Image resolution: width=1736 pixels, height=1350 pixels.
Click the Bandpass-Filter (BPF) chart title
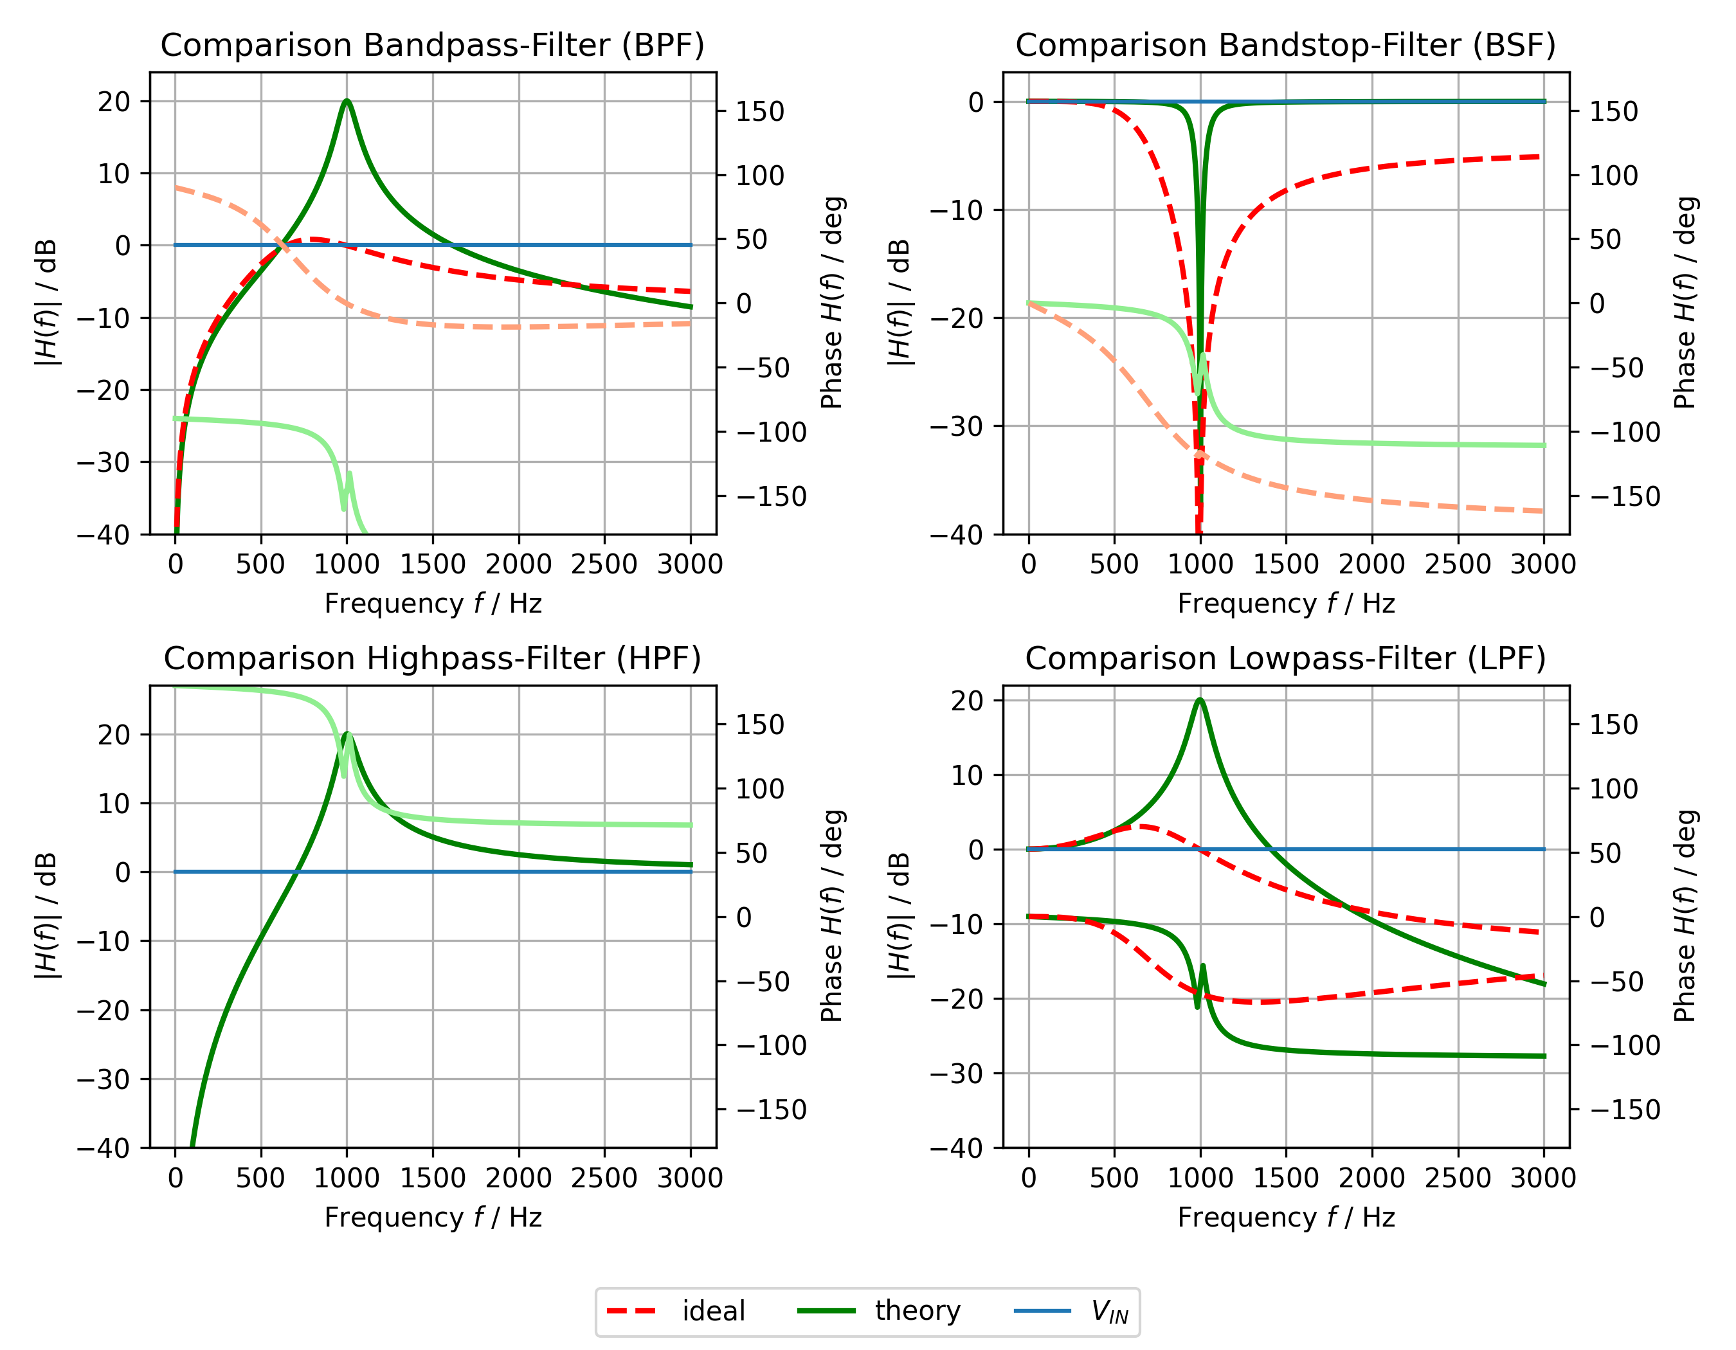point(433,45)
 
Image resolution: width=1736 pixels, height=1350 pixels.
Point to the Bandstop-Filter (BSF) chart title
point(1285,45)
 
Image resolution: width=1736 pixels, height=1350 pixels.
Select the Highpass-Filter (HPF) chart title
point(433,659)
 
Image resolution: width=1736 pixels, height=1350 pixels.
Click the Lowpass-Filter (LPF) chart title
point(1285,659)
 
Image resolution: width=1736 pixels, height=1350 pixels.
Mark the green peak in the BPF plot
point(347,101)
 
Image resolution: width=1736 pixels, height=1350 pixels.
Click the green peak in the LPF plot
point(1200,700)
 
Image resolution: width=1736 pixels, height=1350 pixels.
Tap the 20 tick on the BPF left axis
point(114,102)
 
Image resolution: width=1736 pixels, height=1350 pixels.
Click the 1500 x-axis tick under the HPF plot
point(433,1178)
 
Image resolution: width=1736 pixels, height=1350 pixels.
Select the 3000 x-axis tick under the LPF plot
point(1543,1178)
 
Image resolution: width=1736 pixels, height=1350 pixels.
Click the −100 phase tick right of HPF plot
point(771,1046)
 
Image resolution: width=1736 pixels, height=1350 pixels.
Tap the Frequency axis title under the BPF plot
point(433,604)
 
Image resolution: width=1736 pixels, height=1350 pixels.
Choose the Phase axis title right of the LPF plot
point(1685,915)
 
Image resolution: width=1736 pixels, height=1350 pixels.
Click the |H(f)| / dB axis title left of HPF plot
point(46,915)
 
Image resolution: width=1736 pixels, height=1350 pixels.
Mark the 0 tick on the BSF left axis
point(975,102)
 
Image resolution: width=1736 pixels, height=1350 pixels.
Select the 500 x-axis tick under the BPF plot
point(260,564)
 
